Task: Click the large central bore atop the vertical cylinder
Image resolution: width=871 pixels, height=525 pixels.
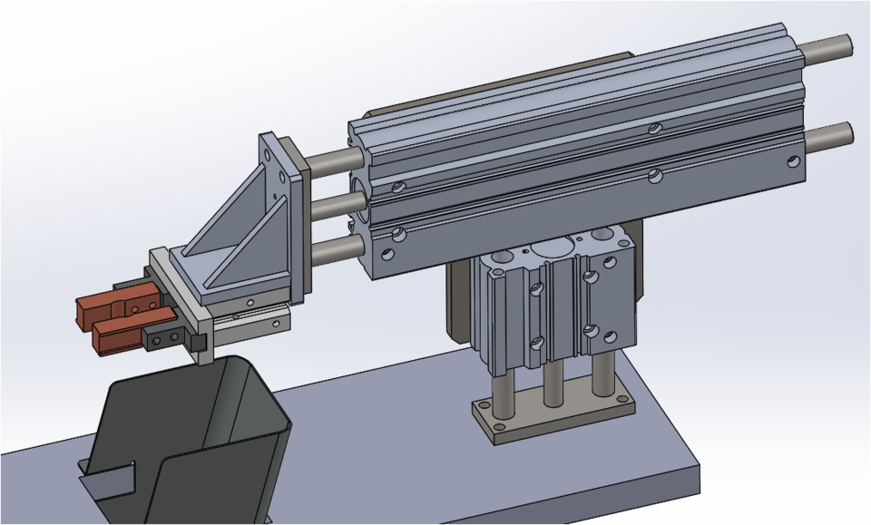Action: coord(552,248)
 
